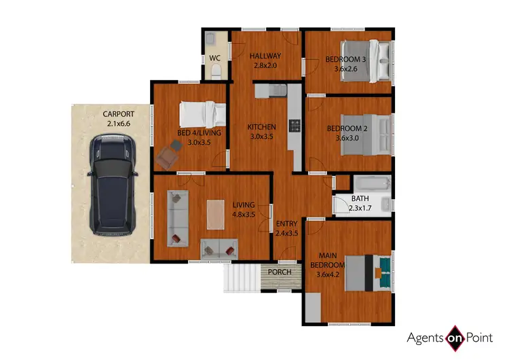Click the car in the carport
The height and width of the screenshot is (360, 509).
113,183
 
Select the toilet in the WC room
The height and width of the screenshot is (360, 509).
210,38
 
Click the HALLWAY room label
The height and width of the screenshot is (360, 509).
265,56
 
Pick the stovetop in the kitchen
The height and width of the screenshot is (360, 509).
295,125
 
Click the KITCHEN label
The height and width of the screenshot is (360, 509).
261,127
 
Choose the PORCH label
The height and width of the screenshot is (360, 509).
280,272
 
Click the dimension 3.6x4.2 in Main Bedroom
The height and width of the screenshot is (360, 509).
329,274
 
